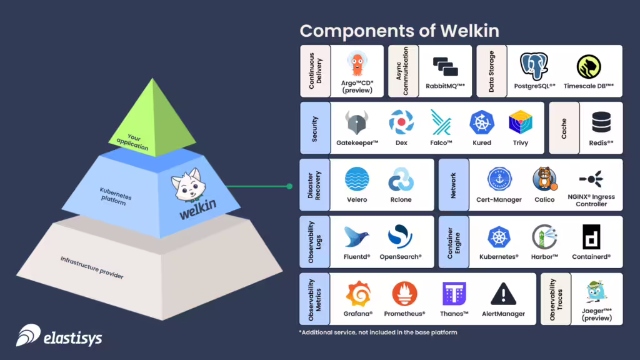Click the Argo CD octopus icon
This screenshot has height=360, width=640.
[357, 64]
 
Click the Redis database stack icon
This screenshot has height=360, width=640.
[601, 122]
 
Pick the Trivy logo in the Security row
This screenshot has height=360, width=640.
[520, 122]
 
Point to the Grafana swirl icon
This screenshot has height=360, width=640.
[357, 294]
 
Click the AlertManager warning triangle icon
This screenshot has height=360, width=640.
[503, 294]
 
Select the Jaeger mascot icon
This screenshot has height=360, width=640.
[597, 292]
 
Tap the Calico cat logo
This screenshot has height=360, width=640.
[544, 180]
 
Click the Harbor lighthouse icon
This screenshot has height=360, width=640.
[544, 237]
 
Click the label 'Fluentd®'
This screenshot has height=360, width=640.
[357, 257]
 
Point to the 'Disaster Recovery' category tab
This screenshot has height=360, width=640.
[314, 184]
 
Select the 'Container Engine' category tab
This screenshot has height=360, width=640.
[453, 242]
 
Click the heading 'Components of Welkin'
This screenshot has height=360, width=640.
[399, 31]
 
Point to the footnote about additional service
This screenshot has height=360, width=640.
[377, 332]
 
